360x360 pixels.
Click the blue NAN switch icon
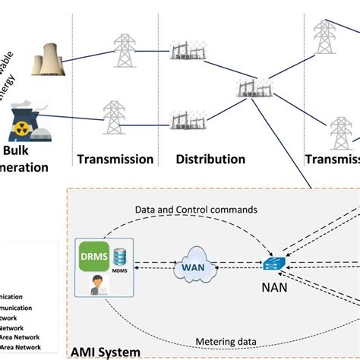point(273,264)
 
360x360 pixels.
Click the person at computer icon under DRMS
point(98,285)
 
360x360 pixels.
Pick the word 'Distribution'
point(210,159)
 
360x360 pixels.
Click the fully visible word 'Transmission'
point(115,159)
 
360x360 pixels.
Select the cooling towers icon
point(48,61)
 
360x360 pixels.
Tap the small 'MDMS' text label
point(120,271)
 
